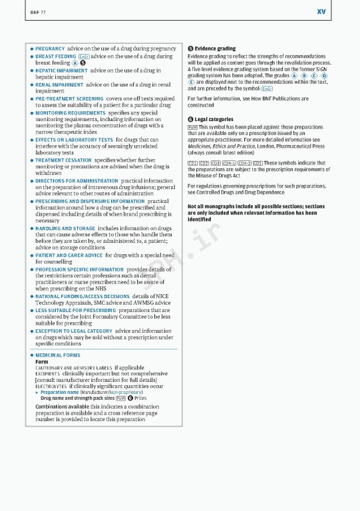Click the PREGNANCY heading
[50, 49]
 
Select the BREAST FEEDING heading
[55, 57]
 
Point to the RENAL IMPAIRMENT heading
[59, 85]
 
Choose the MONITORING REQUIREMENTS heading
[70, 113]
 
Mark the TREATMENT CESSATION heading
[63, 160]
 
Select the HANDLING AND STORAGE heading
[65, 228]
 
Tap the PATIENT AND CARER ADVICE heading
[69, 255]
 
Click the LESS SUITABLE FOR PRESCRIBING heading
[76, 310]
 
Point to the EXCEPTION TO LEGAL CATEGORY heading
[73, 331]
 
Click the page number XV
[321, 11]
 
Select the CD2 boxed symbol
[204, 163]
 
